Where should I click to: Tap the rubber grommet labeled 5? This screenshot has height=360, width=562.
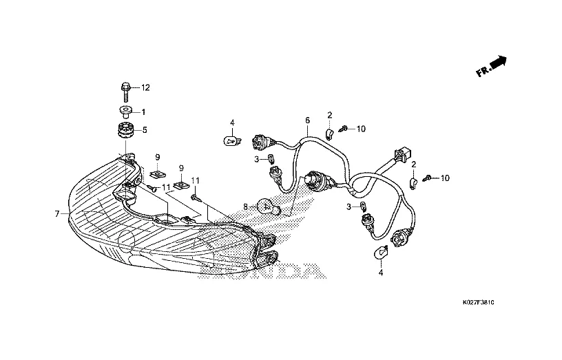125,129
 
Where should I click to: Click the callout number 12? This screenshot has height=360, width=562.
145,88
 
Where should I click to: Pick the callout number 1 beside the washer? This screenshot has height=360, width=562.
143,112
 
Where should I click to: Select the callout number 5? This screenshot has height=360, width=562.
144,129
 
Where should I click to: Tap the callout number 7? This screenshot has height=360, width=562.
57,213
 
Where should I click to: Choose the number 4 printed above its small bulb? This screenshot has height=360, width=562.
232,123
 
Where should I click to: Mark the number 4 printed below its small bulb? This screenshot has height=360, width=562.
379,273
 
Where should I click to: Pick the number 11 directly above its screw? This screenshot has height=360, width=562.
195,180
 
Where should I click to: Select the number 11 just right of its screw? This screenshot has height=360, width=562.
166,187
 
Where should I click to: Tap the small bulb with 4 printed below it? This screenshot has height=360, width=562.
379,253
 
